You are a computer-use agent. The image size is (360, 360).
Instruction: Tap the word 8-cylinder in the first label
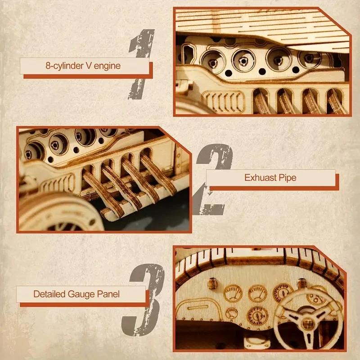(63, 66)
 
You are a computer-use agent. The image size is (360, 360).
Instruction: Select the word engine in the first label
(108, 66)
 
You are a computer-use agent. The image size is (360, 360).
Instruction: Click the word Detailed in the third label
(49, 295)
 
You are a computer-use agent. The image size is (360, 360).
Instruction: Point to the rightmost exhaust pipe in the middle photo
(157, 175)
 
